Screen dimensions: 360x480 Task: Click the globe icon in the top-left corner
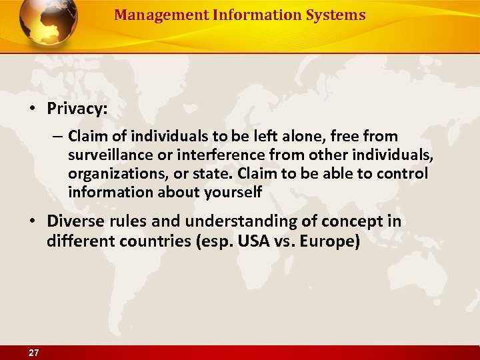coord(48,22)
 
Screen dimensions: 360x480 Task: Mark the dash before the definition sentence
coord(56,137)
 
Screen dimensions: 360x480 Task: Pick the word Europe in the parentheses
coord(329,241)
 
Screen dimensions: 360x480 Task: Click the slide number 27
coord(33,353)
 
